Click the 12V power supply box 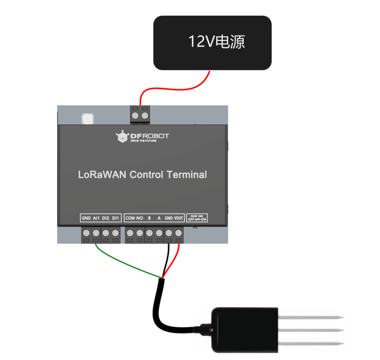click(x=212, y=43)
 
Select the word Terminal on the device click(x=187, y=175)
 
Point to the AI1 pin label click(x=96, y=218)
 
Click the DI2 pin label click(x=106, y=218)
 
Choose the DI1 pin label click(x=115, y=218)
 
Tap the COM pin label click(x=130, y=218)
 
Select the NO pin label click(x=140, y=218)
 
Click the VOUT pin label click(x=179, y=218)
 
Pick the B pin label click(x=149, y=218)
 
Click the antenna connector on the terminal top click(x=86, y=118)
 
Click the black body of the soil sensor click(x=244, y=329)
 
